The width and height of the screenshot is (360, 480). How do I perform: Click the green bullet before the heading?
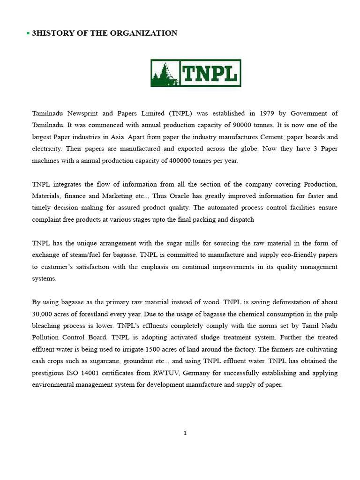[x=28, y=33]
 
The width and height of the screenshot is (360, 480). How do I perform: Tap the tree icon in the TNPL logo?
[x=165, y=73]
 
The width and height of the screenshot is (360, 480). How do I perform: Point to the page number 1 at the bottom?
[x=185, y=433]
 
